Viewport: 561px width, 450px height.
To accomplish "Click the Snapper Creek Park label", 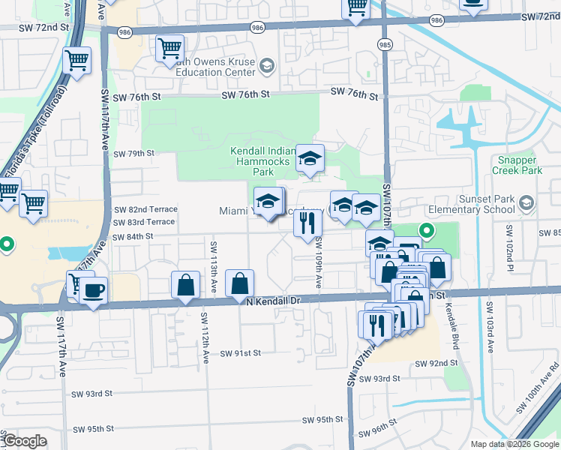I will (517, 166).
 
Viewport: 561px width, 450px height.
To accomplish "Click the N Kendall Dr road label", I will (273, 300).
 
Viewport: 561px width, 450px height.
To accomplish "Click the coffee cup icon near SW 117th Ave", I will (93, 290).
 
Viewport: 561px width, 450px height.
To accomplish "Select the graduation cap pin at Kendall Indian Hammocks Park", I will (309, 157).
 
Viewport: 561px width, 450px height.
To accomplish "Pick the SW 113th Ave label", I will (214, 267).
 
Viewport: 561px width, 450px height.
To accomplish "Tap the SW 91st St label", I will (240, 352).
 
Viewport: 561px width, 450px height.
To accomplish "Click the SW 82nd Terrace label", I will (145, 209).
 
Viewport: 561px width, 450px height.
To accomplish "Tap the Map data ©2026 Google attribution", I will (514, 444).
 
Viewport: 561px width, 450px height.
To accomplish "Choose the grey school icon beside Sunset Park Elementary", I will (526, 203).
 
